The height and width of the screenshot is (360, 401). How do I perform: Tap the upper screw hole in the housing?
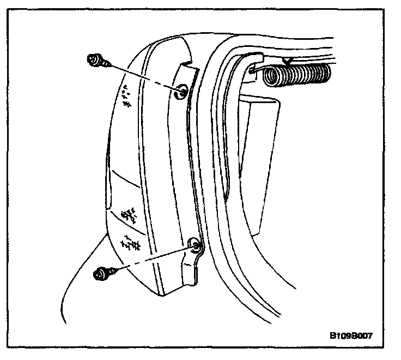click(x=182, y=91)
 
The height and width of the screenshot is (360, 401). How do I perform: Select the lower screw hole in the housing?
click(x=195, y=245)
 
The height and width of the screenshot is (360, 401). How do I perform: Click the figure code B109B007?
click(x=351, y=335)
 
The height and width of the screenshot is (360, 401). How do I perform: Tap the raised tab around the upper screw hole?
click(x=185, y=82)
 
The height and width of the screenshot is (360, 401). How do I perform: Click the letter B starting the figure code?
click(x=332, y=335)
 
